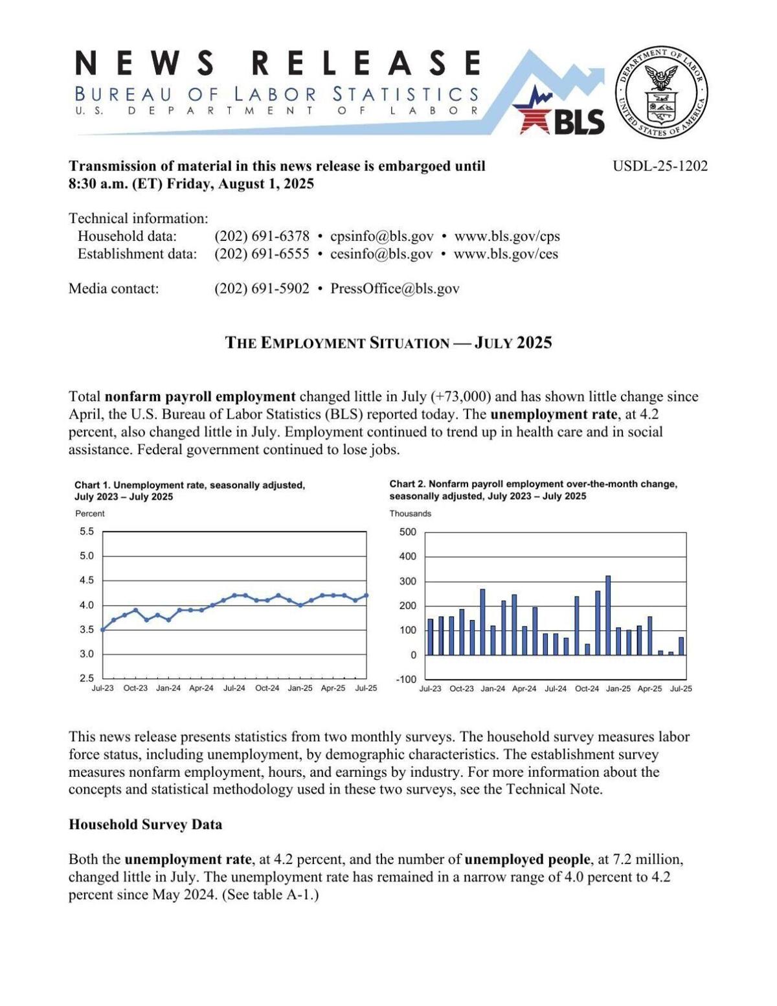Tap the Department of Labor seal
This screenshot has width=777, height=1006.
[x=660, y=92]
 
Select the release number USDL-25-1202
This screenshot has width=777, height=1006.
[x=660, y=166]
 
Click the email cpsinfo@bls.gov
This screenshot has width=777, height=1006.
[x=381, y=236]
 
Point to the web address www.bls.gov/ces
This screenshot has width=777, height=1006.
[x=506, y=254]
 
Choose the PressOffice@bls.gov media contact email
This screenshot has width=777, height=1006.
[x=395, y=289]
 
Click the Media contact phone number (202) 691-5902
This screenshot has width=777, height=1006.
[x=262, y=289]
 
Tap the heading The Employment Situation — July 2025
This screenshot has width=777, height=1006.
[x=388, y=343]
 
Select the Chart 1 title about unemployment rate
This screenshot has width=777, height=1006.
[x=189, y=490]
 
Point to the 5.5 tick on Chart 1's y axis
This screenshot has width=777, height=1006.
[x=87, y=532]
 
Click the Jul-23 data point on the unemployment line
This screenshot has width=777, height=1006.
[x=103, y=629]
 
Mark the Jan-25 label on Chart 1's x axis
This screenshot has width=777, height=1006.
[x=300, y=688]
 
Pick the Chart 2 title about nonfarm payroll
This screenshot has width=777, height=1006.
[x=533, y=490]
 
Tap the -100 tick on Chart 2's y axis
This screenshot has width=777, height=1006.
[x=407, y=679]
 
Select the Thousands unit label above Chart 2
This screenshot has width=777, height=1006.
[x=410, y=514]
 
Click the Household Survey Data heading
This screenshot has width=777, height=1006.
[x=145, y=825]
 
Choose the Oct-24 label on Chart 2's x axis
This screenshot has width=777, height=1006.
[x=587, y=689]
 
